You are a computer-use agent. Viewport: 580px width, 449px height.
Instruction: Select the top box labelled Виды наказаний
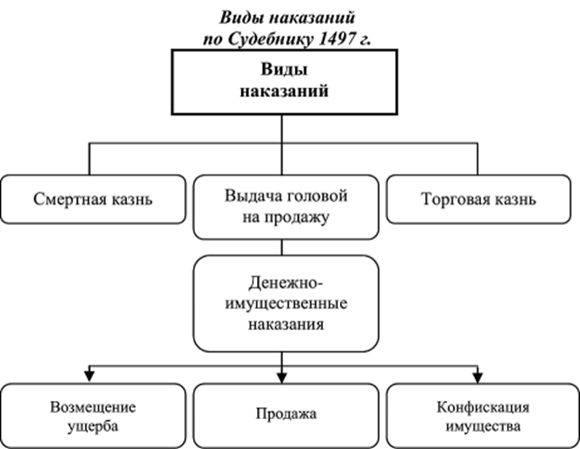click(x=284, y=81)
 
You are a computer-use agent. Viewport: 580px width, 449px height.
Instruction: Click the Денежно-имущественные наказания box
click(x=285, y=304)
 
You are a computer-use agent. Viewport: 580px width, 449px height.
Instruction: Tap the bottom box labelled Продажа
click(x=286, y=414)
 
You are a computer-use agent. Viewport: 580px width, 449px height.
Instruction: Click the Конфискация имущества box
click(x=480, y=414)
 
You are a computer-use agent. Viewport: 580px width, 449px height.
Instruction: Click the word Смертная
click(x=67, y=198)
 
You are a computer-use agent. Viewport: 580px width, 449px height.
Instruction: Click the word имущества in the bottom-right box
click(x=480, y=425)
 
